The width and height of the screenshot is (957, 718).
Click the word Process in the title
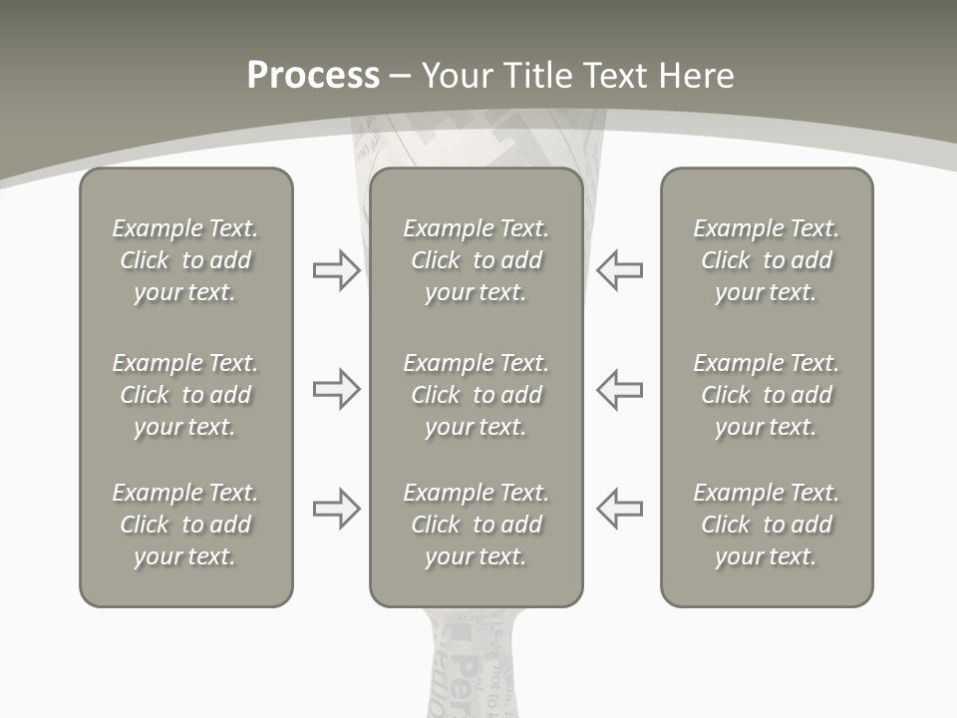click(313, 75)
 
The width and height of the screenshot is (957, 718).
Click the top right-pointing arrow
click(336, 270)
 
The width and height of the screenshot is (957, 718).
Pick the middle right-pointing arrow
click(336, 389)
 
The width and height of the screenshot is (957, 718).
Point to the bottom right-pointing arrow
click(336, 509)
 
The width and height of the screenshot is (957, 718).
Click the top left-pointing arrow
click(620, 270)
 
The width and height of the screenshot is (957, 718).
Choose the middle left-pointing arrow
click(620, 389)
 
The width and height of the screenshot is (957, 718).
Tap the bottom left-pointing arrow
click(620, 509)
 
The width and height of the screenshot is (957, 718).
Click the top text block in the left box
click(185, 260)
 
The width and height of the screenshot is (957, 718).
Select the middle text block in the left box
click(185, 395)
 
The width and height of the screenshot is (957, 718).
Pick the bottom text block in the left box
click(185, 525)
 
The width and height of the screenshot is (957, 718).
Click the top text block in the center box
click(476, 260)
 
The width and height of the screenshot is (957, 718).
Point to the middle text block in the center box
click(476, 395)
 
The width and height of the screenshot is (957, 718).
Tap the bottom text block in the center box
click(476, 525)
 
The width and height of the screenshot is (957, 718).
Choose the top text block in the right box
click(766, 260)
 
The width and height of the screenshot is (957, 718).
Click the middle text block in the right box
click(766, 395)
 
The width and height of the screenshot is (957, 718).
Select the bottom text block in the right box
click(766, 525)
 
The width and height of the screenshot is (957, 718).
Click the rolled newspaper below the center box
click(474, 663)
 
